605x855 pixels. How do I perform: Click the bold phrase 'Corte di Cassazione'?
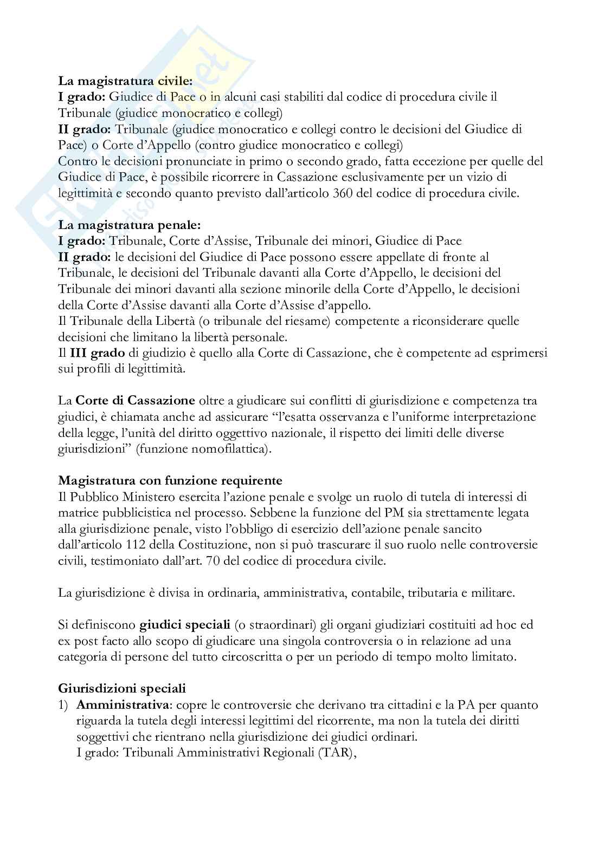135,401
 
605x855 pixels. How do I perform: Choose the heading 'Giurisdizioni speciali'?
122,689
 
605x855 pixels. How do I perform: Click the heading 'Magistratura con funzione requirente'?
170,480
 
